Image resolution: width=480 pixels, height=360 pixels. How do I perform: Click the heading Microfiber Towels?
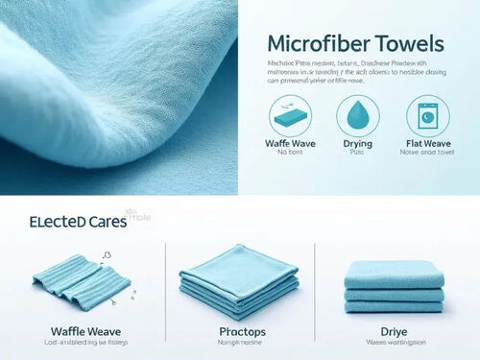355,43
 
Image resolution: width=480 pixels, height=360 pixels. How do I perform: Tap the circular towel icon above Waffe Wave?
291,117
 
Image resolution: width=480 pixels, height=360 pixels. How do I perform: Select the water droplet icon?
357,117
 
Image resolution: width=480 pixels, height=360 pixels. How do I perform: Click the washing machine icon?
426,117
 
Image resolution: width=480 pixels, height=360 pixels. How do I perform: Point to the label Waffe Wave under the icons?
291,145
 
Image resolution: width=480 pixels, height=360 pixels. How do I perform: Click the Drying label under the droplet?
357,145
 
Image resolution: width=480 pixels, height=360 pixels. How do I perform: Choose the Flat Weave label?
426,145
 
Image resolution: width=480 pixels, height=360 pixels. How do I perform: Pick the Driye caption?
394,332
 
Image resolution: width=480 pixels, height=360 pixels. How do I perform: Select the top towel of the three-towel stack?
394,273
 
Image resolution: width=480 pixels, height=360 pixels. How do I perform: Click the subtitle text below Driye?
394,345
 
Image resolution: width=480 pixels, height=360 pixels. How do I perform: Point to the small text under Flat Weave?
426,155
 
